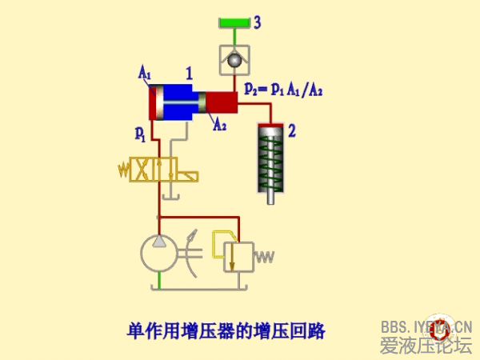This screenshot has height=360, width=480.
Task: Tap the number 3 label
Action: tap(258, 22)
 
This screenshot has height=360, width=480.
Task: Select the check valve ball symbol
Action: tap(234, 58)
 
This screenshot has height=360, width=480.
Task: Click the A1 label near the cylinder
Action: tap(145, 74)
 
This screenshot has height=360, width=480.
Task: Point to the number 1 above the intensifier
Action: tap(190, 74)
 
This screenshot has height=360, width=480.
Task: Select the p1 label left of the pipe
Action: tap(140, 131)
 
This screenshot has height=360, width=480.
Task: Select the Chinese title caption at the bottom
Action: tap(227, 329)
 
